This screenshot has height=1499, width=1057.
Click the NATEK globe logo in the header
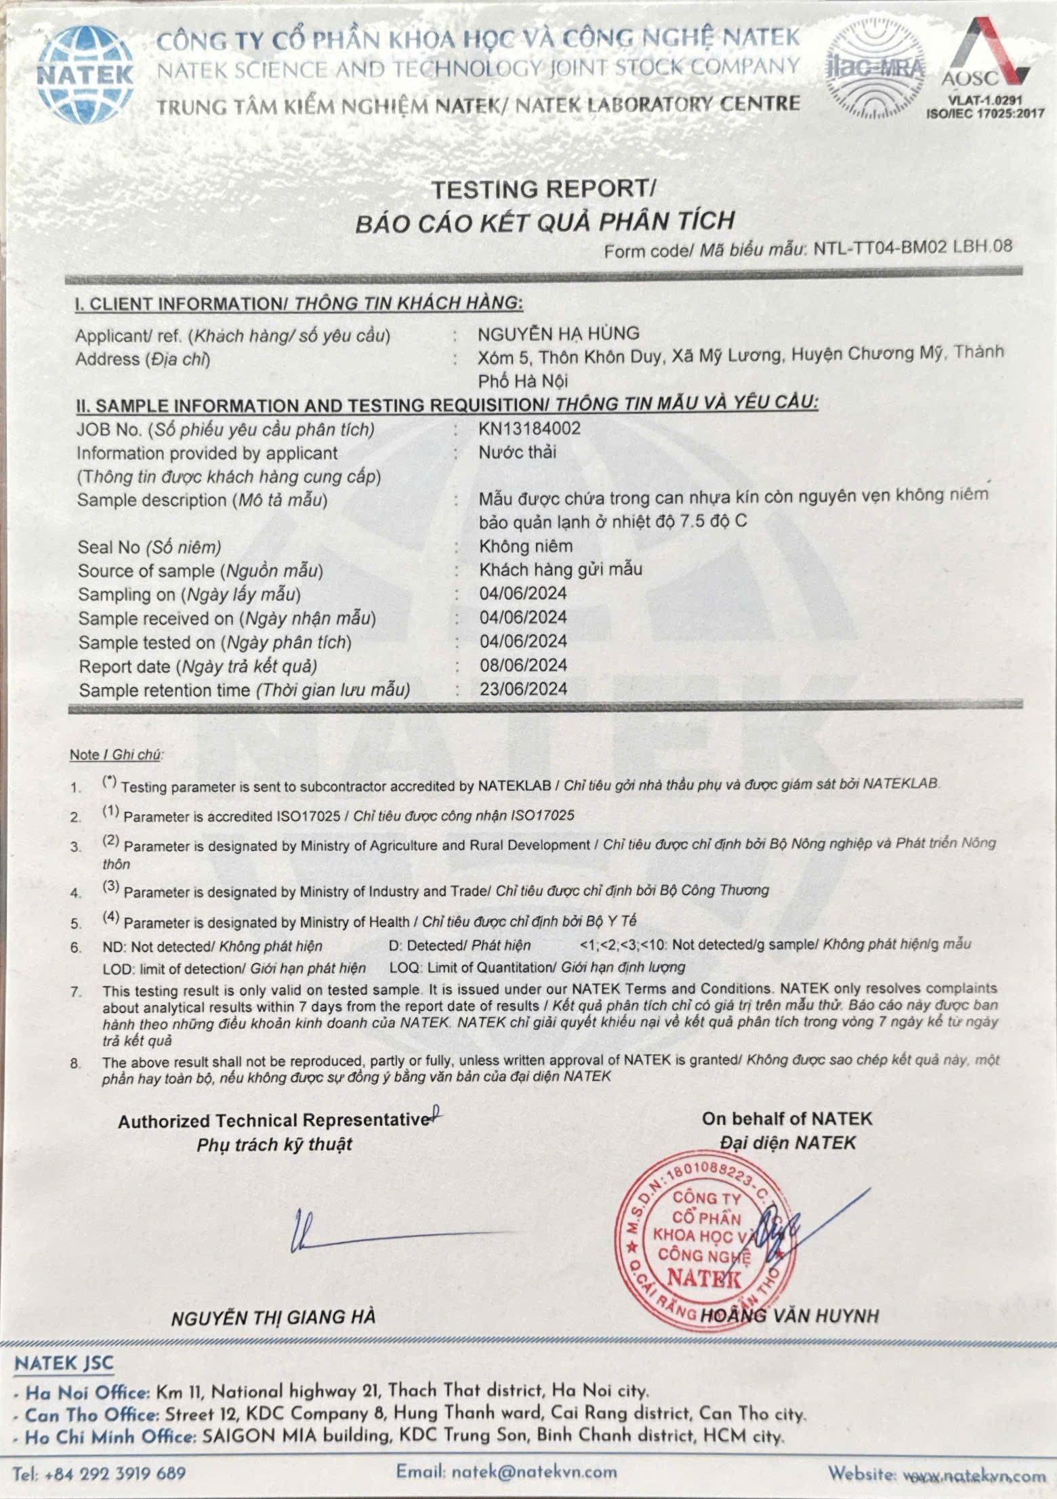pyautogui.click(x=85, y=73)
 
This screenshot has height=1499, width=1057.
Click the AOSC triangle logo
pyautogui.click(x=985, y=61)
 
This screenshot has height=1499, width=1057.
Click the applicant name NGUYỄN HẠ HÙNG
pyautogui.click(x=558, y=333)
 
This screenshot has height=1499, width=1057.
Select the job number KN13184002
pyautogui.click(x=529, y=428)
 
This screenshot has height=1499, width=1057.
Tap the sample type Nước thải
pyautogui.click(x=517, y=452)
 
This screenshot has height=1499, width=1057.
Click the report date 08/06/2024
pyautogui.click(x=523, y=665)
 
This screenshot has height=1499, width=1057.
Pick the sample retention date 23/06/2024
pyautogui.click(x=523, y=689)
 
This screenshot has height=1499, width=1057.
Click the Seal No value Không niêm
pyautogui.click(x=526, y=546)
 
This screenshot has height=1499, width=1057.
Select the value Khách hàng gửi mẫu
pyautogui.click(x=560, y=569)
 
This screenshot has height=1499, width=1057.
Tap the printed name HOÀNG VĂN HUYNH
pyautogui.click(x=789, y=1316)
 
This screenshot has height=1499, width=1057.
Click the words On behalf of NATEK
pyautogui.click(x=787, y=1118)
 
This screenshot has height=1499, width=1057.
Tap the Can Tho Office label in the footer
pyautogui.click(x=91, y=1415)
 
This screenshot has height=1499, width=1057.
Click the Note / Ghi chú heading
pyautogui.click(x=117, y=754)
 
